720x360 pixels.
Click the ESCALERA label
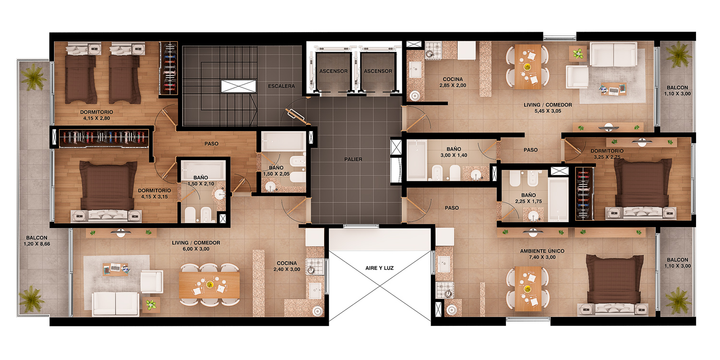tap(281, 86)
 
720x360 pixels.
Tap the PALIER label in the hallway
tap(353, 159)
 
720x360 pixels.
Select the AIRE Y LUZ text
tap(379, 268)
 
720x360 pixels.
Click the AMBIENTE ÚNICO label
tap(542, 251)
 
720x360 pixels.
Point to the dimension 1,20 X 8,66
tap(36, 244)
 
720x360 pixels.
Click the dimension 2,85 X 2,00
tap(453, 85)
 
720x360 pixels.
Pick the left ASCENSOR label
tap(333, 71)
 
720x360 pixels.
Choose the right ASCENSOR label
tap(378, 71)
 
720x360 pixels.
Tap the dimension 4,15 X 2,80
tap(96, 118)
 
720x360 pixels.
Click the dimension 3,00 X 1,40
tap(454, 155)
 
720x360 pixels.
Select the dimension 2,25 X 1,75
tap(528, 202)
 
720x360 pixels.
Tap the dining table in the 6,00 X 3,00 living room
tap(209, 285)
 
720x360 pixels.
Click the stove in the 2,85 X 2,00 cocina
tap(433, 50)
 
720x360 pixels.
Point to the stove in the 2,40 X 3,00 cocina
tap(314, 266)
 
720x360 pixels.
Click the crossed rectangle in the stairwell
tap(238, 86)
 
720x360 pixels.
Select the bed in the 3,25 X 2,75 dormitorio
tap(643, 188)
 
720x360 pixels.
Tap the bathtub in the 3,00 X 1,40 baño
tap(417, 160)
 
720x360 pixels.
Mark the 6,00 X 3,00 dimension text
tap(196, 249)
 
